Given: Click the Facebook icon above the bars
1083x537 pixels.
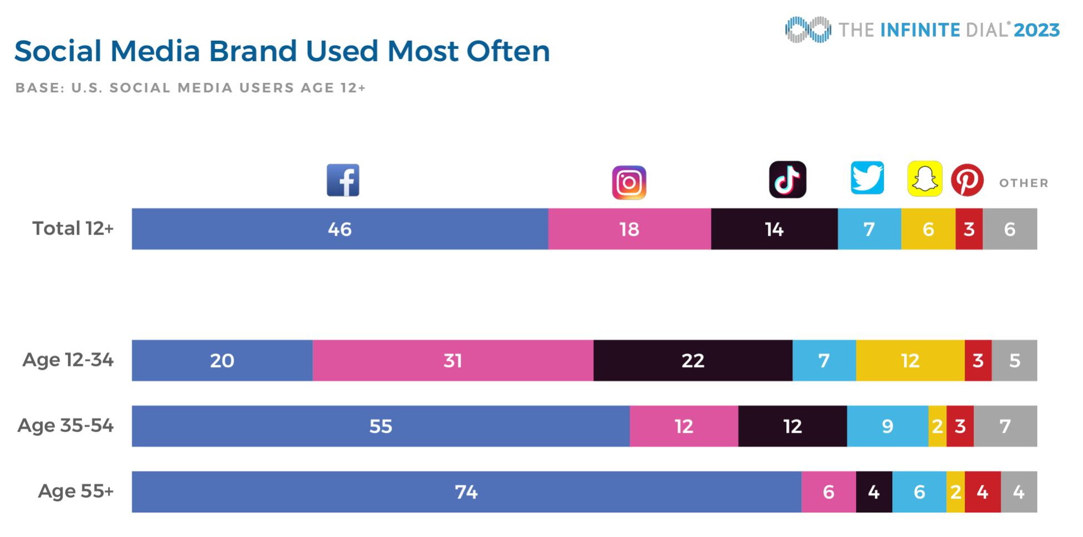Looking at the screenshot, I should coord(343,180).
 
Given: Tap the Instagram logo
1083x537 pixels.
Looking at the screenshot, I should coord(629,182).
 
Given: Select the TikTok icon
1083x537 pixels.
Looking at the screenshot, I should coord(787,179).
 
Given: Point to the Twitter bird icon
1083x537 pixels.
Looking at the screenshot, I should coord(867,178).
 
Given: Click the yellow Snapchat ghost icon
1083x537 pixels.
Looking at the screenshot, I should coord(925,179).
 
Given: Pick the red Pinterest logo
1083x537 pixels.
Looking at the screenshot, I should coord(967,180).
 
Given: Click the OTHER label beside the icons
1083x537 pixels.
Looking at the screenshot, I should coord(1023,183).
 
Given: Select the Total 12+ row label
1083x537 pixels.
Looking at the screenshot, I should coord(73,228).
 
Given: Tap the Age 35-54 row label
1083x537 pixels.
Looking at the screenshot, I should coord(66,426).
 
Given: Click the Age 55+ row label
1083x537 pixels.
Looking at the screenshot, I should coord(76,491).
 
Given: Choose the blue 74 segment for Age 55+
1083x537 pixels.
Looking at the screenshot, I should coord(466,492).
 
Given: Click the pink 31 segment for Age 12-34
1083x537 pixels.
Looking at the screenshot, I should coord(453,360).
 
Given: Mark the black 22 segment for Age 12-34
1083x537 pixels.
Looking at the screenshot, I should coord(693,360).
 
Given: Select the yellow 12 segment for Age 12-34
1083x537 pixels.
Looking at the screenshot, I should coord(910,360).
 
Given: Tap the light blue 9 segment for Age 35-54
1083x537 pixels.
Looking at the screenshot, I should coord(887,426).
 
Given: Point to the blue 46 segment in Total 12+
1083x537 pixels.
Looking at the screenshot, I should coord(340,229).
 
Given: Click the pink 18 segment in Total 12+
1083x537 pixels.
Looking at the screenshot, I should coord(629,229).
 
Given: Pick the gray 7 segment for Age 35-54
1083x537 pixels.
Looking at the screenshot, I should coord(1005,426).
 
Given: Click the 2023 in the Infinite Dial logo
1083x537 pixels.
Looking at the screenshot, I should coord(1036,30).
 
